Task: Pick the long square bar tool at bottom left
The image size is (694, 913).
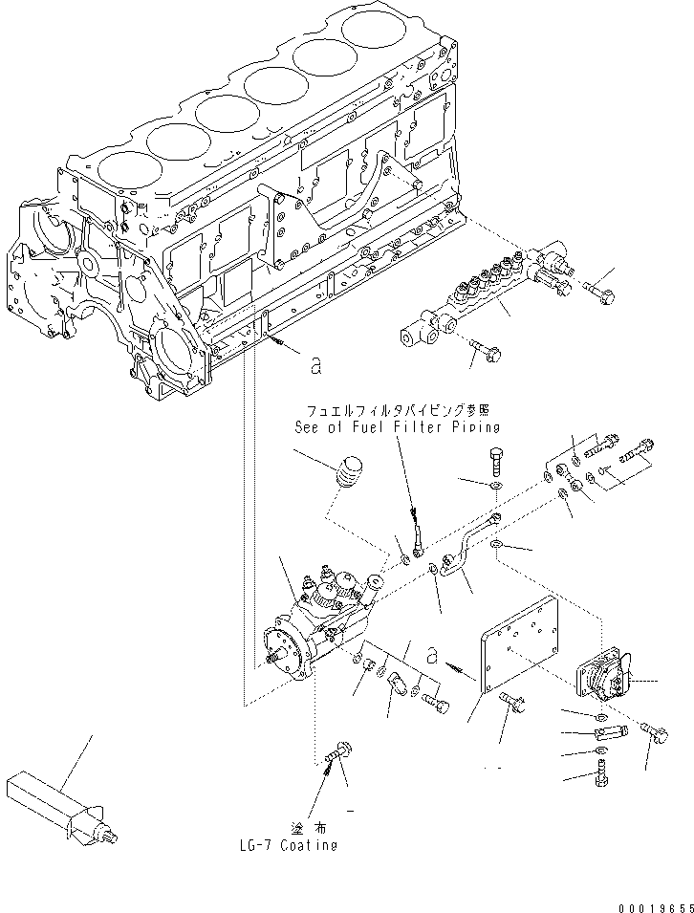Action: (60, 803)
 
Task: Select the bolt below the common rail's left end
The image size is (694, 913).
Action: (486, 351)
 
